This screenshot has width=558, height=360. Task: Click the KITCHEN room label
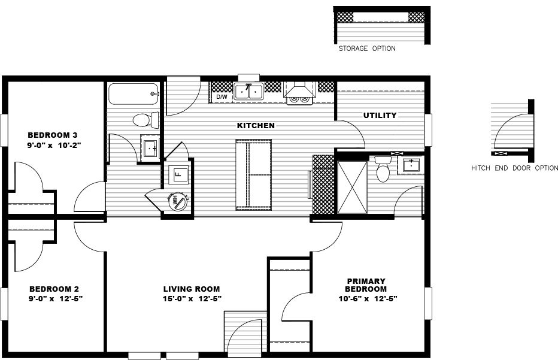coord(256,126)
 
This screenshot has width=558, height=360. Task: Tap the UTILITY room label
coord(380,115)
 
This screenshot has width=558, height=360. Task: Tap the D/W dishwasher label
coord(222,96)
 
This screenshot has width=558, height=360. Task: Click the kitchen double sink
coord(249,92)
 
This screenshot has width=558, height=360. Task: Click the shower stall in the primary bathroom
coord(351,186)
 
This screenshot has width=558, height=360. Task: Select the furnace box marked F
coord(178,175)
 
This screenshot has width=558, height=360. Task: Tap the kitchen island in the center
coord(253,174)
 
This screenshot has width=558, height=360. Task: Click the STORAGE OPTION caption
coord(366,49)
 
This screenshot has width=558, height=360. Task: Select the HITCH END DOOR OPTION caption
coord(514,168)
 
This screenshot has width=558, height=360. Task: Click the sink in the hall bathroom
coord(150,147)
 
